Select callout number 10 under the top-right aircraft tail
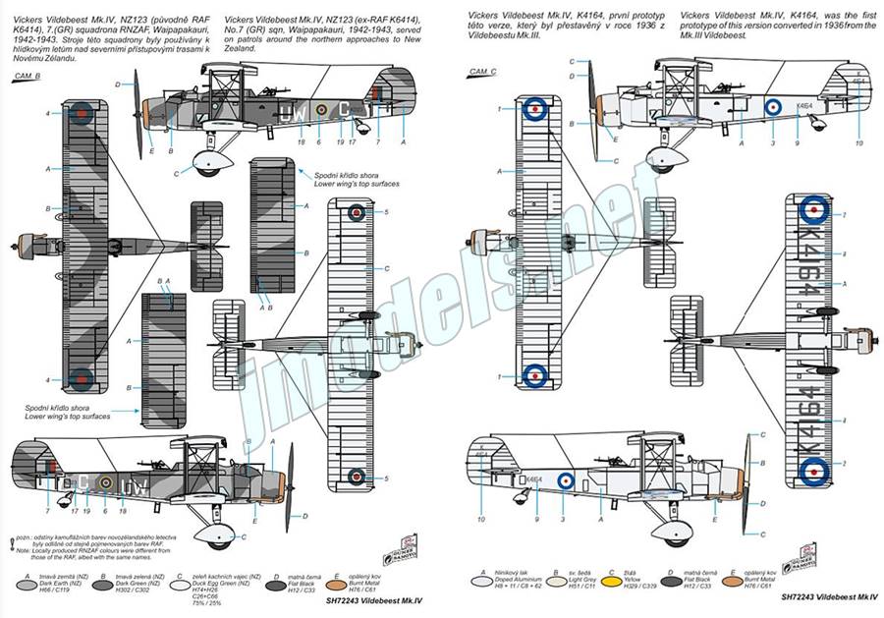858,142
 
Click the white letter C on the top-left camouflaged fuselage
345,108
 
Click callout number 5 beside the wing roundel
387,212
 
